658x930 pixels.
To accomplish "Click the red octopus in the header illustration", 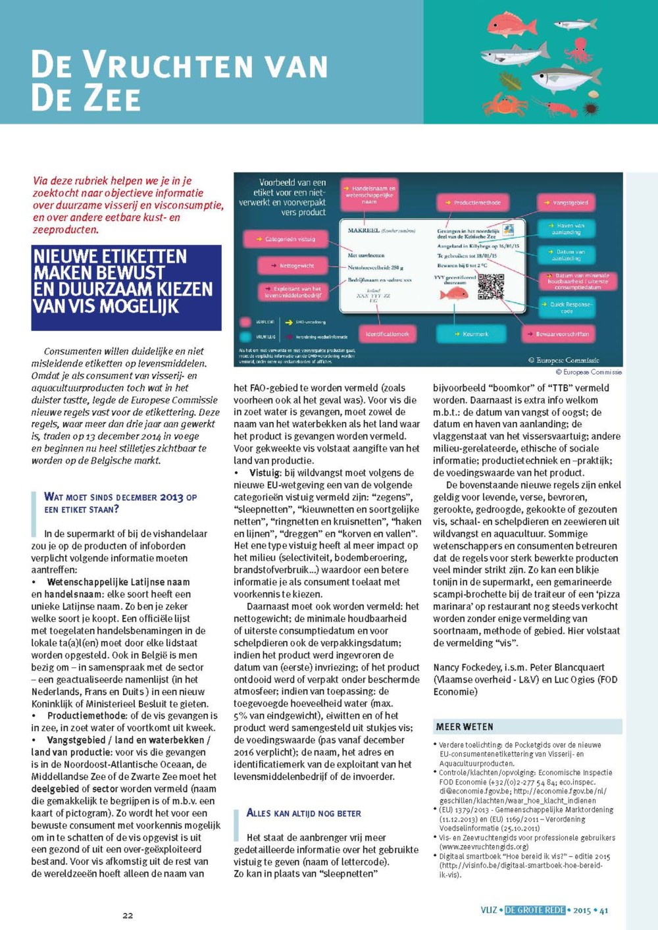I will coord(579,50).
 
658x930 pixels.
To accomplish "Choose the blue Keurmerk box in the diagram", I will coord(472,334).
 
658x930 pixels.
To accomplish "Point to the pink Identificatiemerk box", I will coord(387,334).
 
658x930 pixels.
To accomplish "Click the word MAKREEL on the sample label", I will coord(364,230).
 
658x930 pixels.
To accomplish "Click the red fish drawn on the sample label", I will coord(453,294).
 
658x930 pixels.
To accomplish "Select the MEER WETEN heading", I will coord(465,727).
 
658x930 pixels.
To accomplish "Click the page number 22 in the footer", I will coord(128,915).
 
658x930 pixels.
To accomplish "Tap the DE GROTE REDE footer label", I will coord(534,910).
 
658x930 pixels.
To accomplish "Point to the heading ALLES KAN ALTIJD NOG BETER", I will coord(303,814).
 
